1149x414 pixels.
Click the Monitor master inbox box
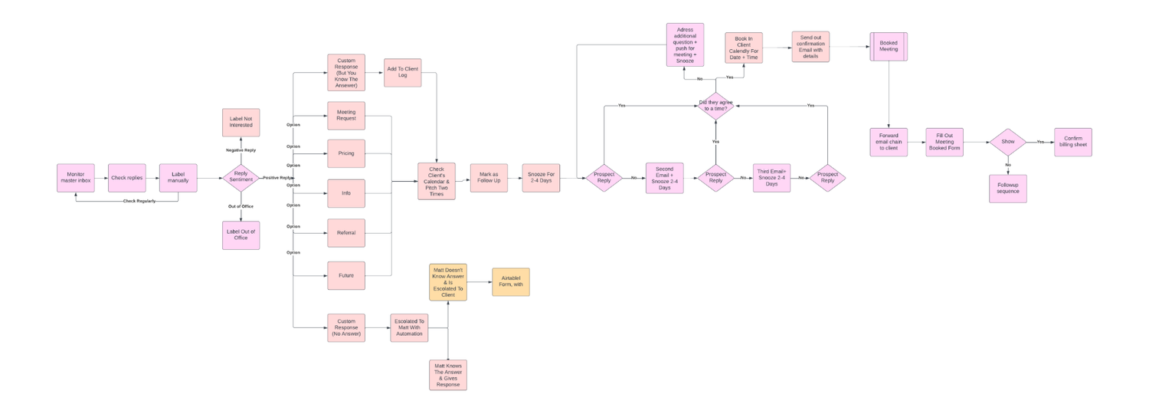(x=75, y=178)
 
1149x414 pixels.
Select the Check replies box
(x=127, y=178)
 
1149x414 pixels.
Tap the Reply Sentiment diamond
(x=241, y=177)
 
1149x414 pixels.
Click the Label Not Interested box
(x=241, y=122)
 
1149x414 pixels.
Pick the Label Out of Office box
(x=241, y=235)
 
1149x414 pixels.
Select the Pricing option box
(x=346, y=153)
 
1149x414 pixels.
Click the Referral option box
(x=346, y=233)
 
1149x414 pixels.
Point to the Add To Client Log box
(x=402, y=72)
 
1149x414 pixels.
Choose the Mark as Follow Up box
(x=488, y=177)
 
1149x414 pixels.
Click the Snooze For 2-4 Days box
(x=541, y=177)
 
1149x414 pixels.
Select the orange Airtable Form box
(x=511, y=281)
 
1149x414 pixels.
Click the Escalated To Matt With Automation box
(x=409, y=327)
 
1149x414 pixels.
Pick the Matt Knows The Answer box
(x=447, y=375)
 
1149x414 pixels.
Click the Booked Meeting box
(x=889, y=47)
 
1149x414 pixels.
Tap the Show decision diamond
(x=1007, y=142)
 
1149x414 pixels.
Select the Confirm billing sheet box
(x=1072, y=142)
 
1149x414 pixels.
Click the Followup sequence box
(x=1007, y=189)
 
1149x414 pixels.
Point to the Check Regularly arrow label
(x=139, y=201)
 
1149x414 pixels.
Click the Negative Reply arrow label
(x=241, y=150)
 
